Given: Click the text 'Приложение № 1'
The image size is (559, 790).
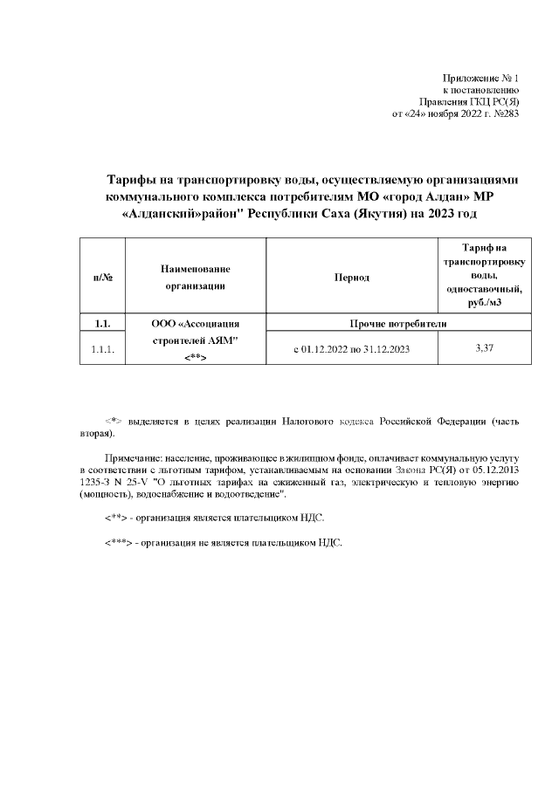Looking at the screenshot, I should coord(481,78).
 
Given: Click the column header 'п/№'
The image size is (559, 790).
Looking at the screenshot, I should coord(103,278).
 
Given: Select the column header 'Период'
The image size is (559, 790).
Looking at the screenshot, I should coord(351,278).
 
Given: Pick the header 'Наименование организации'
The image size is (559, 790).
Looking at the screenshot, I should coord(195,278).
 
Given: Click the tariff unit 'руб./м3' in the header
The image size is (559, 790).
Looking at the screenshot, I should coord(482,302).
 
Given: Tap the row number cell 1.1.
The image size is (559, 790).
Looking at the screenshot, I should coord(103,325).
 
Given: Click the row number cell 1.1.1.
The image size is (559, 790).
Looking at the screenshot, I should coord(103,350).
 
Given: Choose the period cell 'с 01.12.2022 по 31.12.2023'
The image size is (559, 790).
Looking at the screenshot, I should coord(352,350).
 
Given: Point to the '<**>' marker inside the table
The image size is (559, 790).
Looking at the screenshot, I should coord(195,358).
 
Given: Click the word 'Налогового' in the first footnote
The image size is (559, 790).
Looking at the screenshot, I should coord(310,421).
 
